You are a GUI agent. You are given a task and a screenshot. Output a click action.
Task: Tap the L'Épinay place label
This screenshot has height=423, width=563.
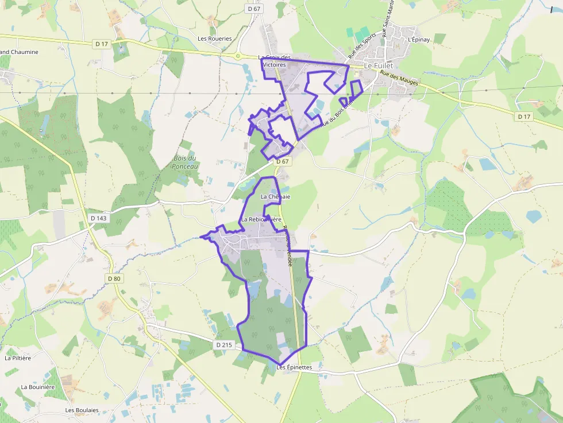point(418,40)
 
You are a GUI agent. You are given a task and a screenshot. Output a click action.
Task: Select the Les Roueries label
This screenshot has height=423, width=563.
point(215,39)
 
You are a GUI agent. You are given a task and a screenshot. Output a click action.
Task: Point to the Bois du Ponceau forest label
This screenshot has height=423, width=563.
point(185,162)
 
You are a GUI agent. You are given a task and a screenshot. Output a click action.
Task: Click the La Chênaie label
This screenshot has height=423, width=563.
point(276,197)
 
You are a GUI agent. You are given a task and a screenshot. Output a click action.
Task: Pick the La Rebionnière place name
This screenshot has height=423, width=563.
point(261,219)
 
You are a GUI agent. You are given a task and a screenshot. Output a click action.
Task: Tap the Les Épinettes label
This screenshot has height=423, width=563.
point(294,367)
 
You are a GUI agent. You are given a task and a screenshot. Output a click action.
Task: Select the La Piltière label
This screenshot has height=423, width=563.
point(17,358)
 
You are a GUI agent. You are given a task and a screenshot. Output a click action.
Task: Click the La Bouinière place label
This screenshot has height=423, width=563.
point(38,387)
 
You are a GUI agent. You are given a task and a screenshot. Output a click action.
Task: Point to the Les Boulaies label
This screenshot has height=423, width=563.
point(82,410)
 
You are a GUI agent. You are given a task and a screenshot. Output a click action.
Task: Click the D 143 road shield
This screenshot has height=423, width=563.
point(99,218)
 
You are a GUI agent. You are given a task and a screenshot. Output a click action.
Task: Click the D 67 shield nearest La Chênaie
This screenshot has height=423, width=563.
point(282,162)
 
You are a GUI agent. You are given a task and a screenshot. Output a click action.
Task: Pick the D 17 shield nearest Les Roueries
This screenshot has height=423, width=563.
point(102,44)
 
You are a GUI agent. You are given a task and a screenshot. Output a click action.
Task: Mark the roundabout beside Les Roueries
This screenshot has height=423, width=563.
point(238,56)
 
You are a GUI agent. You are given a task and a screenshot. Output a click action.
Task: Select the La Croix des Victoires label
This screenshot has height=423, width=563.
point(275,61)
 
